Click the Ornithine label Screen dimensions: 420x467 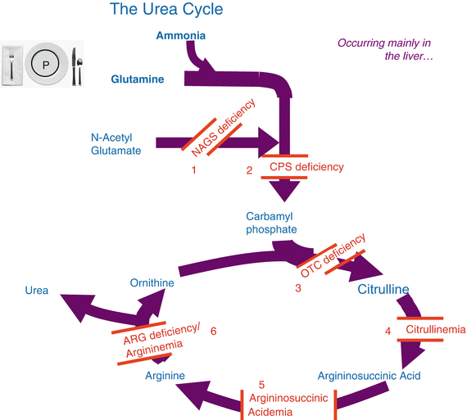click(152, 282)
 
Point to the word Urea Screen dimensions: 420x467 click(36, 290)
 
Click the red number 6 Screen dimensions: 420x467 click(213, 331)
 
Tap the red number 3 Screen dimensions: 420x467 click(298, 289)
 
